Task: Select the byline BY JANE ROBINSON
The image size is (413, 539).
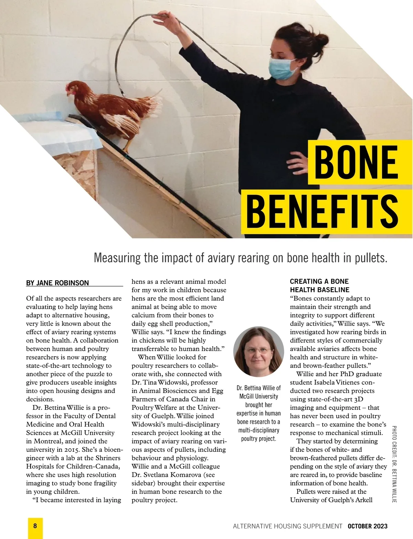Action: (x=57, y=283)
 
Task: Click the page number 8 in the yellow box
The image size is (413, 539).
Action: (x=35, y=526)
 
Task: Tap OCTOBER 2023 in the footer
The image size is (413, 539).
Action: (x=367, y=526)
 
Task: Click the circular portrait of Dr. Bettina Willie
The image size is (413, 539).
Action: (x=258, y=352)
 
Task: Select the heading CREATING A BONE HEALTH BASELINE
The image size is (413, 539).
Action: (x=320, y=285)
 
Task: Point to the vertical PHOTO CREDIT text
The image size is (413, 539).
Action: (x=394, y=464)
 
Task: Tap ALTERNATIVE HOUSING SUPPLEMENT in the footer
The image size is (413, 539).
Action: (x=288, y=526)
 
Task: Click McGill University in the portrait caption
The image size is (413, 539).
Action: (x=259, y=396)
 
